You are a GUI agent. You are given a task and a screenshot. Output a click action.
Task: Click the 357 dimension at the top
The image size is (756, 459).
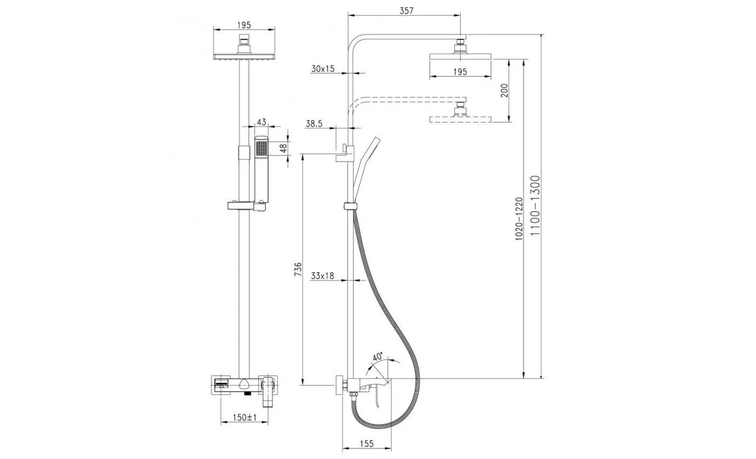(x=406, y=11)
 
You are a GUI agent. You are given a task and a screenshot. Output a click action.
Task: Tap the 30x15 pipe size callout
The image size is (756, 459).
(x=323, y=69)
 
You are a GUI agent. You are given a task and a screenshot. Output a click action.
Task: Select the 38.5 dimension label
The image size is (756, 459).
(x=314, y=124)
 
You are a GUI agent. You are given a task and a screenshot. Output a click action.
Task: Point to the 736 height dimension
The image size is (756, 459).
(x=298, y=269)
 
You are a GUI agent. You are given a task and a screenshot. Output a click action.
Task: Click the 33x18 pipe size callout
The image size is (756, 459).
(x=322, y=276)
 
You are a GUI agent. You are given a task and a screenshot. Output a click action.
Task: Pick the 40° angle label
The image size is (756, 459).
(x=377, y=356)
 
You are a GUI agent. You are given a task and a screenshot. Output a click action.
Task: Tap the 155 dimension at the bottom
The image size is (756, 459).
(x=367, y=443)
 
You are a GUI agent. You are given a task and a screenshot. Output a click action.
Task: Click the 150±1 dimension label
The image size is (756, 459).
(x=245, y=417)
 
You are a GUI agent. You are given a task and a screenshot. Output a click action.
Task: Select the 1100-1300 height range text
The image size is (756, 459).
(x=535, y=205)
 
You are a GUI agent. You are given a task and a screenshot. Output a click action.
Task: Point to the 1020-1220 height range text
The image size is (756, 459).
(x=519, y=219)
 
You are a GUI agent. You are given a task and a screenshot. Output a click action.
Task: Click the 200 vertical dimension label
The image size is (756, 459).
(x=504, y=91)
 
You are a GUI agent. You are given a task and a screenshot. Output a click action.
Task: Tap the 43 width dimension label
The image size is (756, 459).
(x=261, y=122)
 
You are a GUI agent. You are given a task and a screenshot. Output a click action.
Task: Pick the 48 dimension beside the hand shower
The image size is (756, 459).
(x=283, y=148)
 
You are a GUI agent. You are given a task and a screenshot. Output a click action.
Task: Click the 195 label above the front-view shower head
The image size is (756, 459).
(x=244, y=25)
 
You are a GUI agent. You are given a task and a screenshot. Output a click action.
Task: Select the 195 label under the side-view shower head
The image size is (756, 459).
(x=460, y=71)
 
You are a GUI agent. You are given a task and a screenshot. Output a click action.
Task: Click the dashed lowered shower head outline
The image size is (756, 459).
(x=460, y=119)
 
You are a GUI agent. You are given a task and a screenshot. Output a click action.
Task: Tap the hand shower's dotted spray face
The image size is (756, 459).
(x=261, y=148)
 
